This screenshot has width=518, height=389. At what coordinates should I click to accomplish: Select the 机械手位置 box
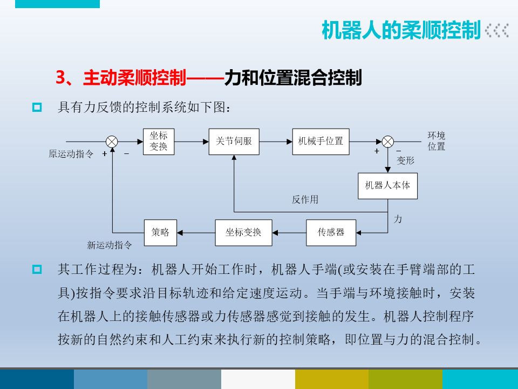point(321,142)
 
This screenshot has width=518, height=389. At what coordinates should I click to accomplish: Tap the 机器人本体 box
point(387,185)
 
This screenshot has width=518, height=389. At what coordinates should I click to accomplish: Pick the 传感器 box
point(331,232)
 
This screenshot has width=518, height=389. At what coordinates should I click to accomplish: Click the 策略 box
point(160,232)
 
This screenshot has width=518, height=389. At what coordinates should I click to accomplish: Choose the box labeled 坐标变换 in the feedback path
point(243,232)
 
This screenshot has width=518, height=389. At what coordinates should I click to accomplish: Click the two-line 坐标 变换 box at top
point(159,142)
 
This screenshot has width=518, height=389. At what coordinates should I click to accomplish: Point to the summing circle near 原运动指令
point(112,142)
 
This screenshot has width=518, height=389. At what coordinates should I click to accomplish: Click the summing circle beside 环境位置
point(388,142)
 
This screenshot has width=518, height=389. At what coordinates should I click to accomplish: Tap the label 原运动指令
point(71,154)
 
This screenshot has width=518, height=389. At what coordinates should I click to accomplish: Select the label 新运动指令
point(110,245)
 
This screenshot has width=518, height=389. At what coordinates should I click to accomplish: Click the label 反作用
point(305,200)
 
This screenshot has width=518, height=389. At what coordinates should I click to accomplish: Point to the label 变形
point(406,160)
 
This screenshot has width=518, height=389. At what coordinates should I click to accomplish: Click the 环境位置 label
point(437,141)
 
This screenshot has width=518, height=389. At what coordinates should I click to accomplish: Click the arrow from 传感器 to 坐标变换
point(289,232)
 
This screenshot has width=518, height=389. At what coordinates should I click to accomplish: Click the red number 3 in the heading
point(60,78)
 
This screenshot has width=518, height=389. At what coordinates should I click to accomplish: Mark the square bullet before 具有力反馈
point(37,107)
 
